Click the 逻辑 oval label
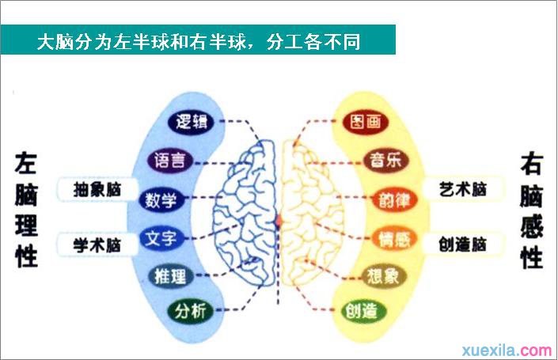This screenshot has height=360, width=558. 191,122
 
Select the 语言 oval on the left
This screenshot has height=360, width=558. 170,161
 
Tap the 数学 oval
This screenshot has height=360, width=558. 161,200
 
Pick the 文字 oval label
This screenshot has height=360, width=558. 161,238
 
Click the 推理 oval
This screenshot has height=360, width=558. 170,276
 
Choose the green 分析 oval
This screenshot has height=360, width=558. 191,311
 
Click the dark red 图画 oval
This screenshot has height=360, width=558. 366,122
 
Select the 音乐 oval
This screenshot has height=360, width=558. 385,160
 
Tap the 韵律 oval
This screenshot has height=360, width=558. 394,200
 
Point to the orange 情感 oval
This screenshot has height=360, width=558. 394,239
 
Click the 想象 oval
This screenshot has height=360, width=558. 383,276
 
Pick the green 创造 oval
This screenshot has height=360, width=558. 361,311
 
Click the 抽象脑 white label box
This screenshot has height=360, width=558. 97,190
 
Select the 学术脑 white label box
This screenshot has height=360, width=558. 97,244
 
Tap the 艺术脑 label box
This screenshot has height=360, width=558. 463,189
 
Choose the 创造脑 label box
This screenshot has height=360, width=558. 463,244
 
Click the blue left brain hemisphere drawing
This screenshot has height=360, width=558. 245,214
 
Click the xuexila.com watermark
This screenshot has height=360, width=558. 507,351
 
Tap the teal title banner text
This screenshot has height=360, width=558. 199,42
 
